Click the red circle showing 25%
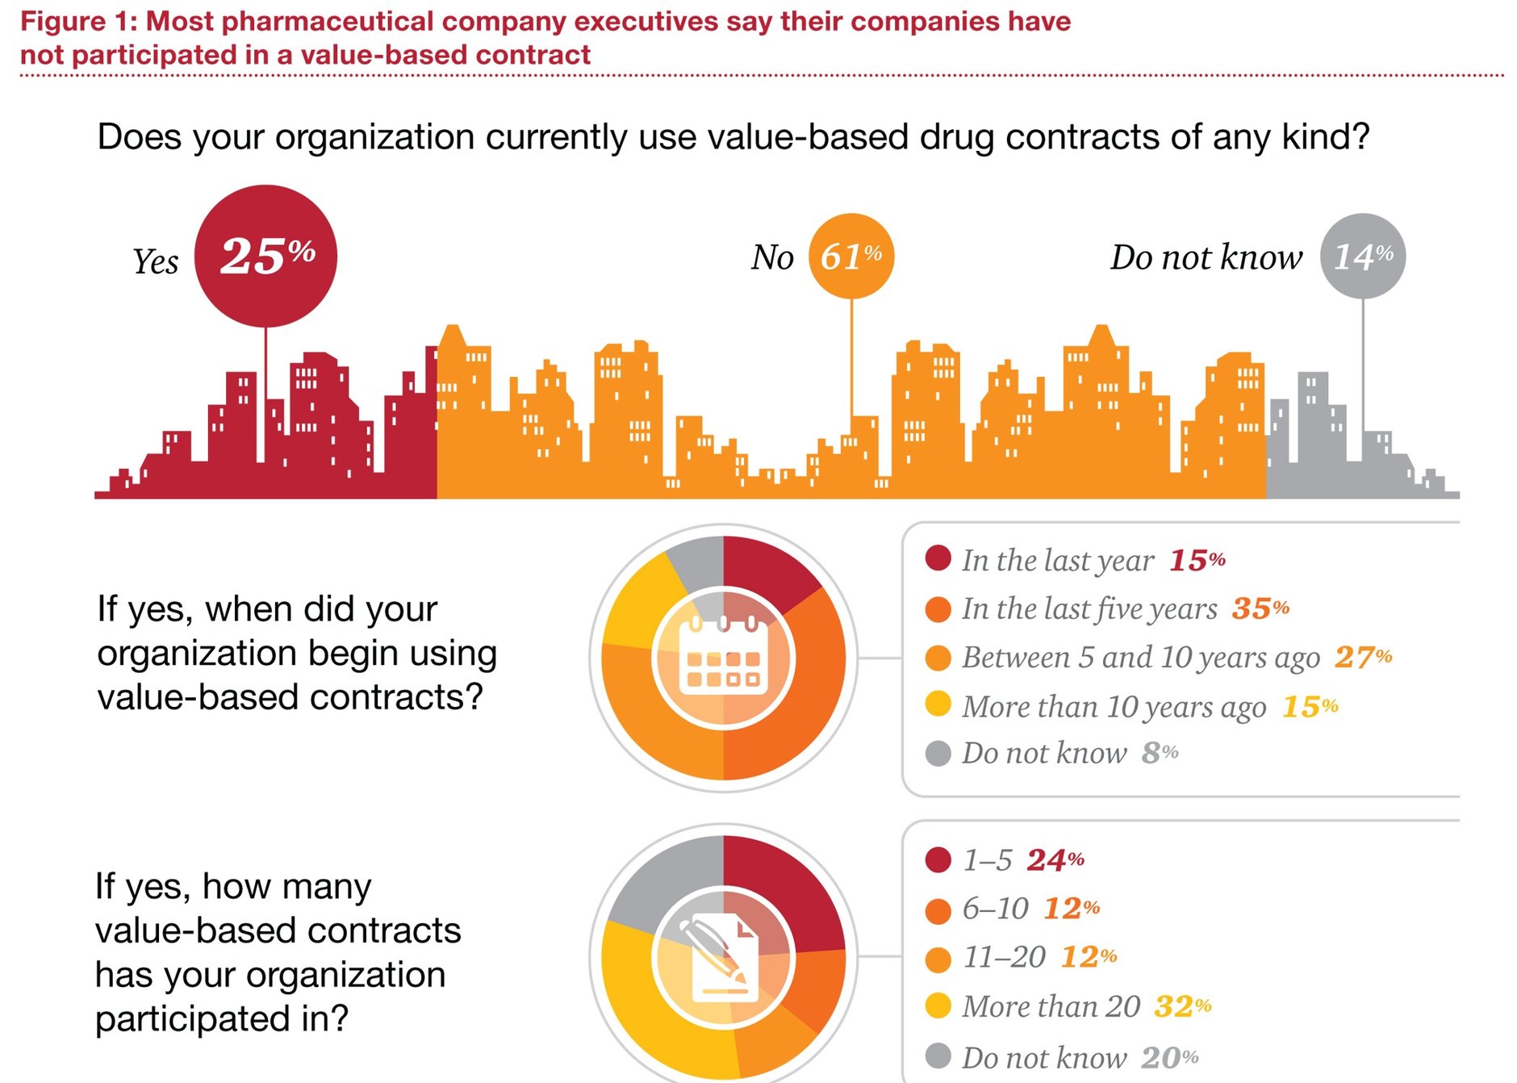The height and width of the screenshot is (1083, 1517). click(265, 256)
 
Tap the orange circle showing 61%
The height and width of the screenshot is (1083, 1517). click(850, 256)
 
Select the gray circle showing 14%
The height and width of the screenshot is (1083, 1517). click(1362, 256)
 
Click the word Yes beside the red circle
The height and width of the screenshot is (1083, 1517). click(155, 261)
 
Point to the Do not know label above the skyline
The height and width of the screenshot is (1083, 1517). click(1206, 257)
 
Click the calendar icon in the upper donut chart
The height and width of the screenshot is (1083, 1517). click(723, 658)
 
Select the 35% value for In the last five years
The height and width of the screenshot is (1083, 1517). click(1260, 608)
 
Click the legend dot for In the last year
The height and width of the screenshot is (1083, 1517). click(938, 558)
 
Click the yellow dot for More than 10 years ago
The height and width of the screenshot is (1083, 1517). click(938, 704)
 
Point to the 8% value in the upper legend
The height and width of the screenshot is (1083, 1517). click(1160, 753)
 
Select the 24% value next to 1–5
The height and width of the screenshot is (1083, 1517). click(1055, 860)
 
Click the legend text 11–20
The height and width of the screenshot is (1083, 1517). click(1004, 958)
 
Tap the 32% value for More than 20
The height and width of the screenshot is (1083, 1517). click(1182, 1006)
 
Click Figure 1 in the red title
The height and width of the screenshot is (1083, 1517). click(77, 22)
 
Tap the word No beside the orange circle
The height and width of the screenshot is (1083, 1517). click(772, 257)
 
